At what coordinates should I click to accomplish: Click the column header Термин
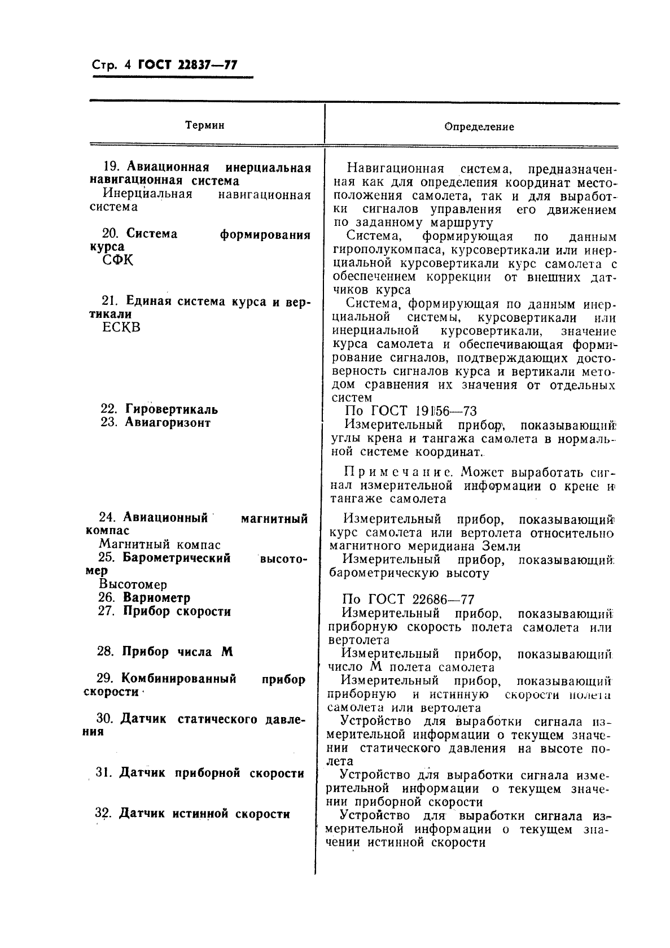[x=205, y=125]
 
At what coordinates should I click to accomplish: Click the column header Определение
[x=479, y=127]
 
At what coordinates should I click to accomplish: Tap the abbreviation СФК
[x=118, y=260]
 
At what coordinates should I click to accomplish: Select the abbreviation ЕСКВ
[x=121, y=328]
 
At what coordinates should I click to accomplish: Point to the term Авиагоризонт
[x=167, y=422]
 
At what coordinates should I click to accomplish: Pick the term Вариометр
[x=156, y=597]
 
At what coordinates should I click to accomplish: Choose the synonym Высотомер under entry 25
[x=133, y=584]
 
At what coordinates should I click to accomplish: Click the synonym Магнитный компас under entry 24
[x=160, y=545]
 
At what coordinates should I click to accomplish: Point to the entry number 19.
[x=111, y=167]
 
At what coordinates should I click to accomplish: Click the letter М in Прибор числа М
[x=227, y=652]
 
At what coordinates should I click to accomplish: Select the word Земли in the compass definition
[x=501, y=546]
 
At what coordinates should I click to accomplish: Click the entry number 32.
[x=102, y=814]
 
